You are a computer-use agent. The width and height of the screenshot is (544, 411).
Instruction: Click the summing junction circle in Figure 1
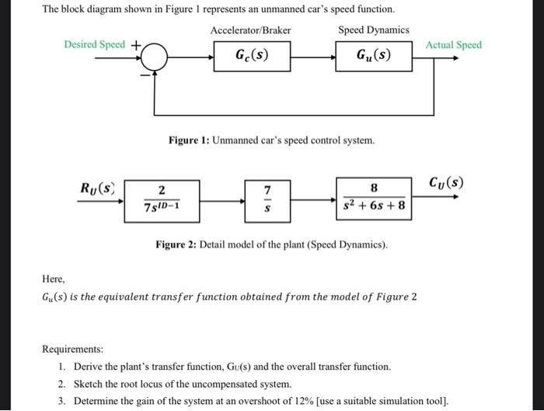(156, 56)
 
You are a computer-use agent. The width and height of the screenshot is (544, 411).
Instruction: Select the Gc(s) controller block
(253, 56)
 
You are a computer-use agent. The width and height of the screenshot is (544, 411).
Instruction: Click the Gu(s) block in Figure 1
(374, 56)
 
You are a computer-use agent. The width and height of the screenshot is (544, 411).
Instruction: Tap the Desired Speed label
(94, 44)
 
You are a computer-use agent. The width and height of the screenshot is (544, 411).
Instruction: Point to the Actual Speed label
(454, 44)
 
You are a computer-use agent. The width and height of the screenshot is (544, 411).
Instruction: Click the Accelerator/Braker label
(250, 30)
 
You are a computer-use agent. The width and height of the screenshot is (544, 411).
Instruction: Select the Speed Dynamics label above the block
(373, 30)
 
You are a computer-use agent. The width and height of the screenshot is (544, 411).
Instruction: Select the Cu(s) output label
(446, 184)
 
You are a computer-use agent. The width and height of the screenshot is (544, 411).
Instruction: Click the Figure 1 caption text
(271, 141)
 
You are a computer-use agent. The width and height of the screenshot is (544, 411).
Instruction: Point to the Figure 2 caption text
(270, 245)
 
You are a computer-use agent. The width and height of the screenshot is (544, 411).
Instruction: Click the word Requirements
(72, 350)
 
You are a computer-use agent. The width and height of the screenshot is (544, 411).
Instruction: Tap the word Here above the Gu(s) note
(54, 279)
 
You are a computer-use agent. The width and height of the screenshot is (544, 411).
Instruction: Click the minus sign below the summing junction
(144, 75)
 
